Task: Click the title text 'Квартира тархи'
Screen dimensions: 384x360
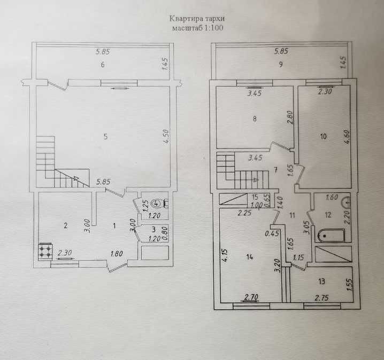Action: (x=197, y=19)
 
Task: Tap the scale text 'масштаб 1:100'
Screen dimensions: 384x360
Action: (x=198, y=28)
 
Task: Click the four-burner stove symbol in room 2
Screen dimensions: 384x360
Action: (x=45, y=252)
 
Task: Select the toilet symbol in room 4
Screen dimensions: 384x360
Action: (x=159, y=203)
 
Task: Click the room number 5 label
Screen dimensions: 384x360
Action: (x=105, y=136)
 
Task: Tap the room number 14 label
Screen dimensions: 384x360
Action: (x=250, y=257)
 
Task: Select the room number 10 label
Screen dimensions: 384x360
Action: (x=323, y=136)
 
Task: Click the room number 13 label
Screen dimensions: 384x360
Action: (x=322, y=281)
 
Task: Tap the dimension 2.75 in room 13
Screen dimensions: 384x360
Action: (x=322, y=298)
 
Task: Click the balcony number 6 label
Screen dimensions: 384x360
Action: (x=103, y=65)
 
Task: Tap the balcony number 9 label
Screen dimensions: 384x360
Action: (x=281, y=64)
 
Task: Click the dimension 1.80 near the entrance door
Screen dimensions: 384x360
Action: (x=117, y=254)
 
